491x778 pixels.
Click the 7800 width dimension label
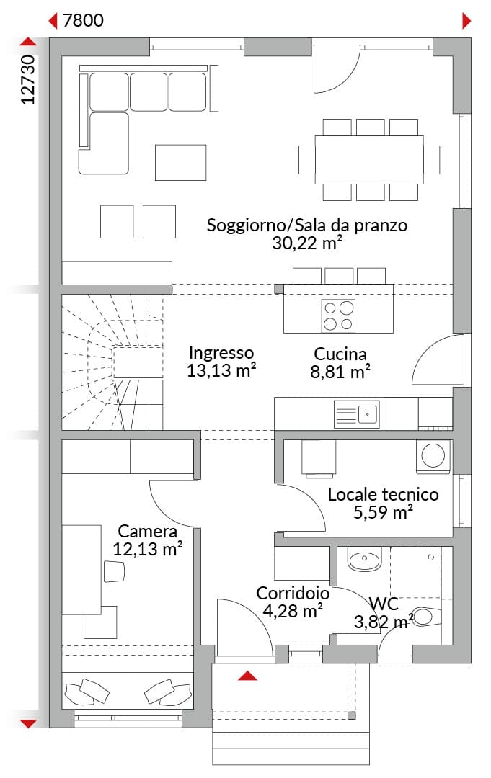pos(84,20)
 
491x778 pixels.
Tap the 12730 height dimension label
pos(28,79)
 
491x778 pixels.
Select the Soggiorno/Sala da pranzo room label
pos(307,225)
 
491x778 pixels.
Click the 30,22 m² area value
pos(307,243)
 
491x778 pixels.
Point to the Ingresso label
pos(221,352)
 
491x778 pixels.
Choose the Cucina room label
pos(340,354)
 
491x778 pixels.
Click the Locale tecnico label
pos(384,494)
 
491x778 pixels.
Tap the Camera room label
pos(148,531)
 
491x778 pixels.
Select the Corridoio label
pos(293,593)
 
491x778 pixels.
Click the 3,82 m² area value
pos(384,622)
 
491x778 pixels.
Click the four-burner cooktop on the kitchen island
pos(339,316)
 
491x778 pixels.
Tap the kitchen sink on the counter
pos(357,413)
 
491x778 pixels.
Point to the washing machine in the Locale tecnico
pos(433,455)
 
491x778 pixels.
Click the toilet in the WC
pos(426,617)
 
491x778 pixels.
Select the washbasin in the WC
pos(364,559)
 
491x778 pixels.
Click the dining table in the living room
pos(369,160)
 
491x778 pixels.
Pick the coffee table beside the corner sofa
pos(180,162)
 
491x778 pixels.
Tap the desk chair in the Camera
pos(114,571)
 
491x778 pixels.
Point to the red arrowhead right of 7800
pos(466,21)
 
